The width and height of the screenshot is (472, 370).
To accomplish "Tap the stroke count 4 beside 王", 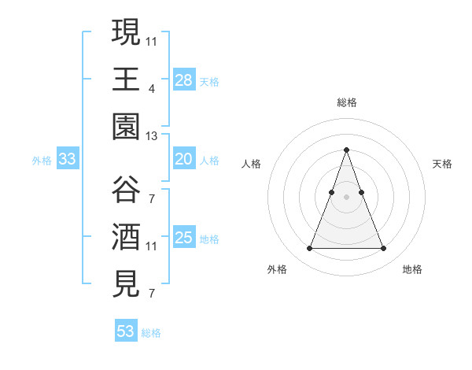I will (x=151, y=88).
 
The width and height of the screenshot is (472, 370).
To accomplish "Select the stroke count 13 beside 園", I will (x=152, y=136).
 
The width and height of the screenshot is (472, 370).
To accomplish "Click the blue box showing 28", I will (x=184, y=80).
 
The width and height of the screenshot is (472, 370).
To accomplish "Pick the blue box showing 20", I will (x=184, y=159).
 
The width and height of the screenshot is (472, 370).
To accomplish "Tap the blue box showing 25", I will (x=184, y=238).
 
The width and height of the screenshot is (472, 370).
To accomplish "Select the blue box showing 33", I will (x=68, y=159).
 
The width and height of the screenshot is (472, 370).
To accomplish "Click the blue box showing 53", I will (x=126, y=331).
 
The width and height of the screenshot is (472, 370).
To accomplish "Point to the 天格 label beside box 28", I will (x=209, y=81).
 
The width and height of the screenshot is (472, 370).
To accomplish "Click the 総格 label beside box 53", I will (x=151, y=333).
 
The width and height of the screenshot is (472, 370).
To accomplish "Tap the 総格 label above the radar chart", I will (x=346, y=102).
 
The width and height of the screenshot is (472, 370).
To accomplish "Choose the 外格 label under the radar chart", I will (x=277, y=269).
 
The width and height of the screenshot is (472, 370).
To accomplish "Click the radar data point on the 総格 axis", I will (x=346, y=150).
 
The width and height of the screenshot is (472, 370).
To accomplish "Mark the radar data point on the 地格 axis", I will (x=383, y=249).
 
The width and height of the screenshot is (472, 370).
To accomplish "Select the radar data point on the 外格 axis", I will (x=309, y=249).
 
